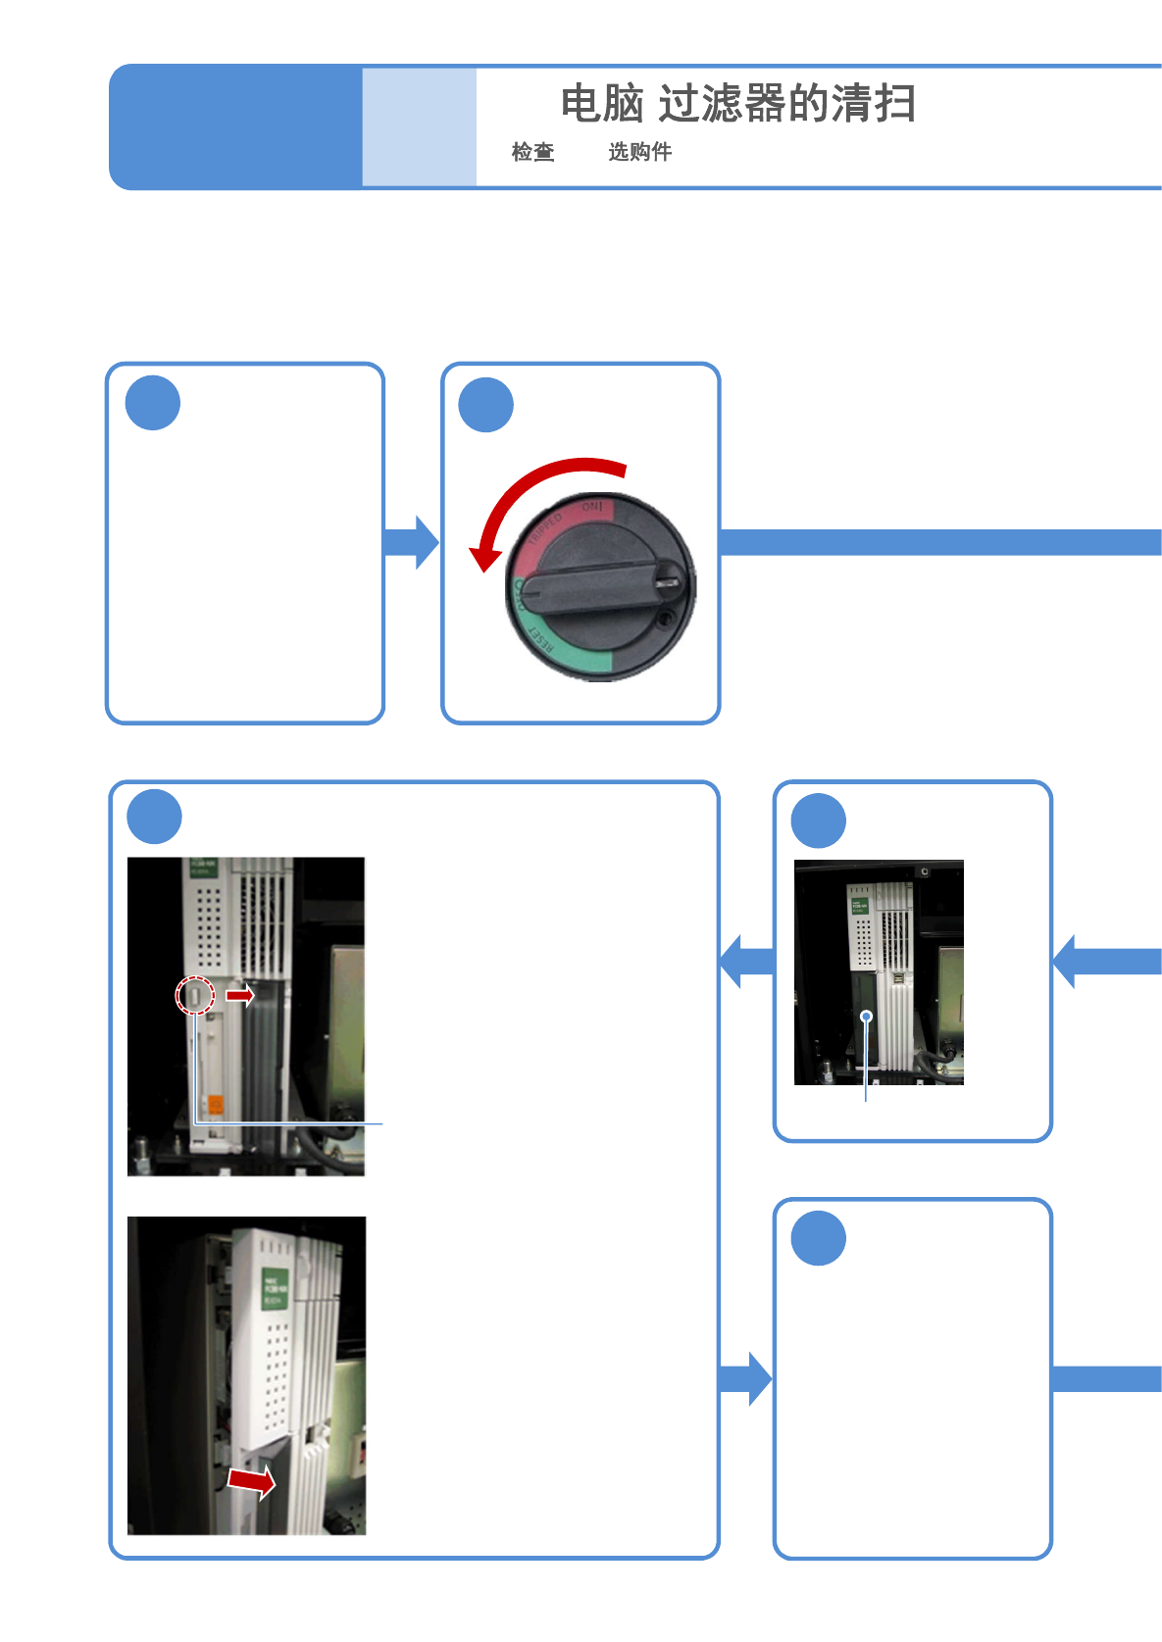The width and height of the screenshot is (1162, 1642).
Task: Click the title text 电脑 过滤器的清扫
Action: [x=737, y=104]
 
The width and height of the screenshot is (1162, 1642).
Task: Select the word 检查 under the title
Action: [x=532, y=152]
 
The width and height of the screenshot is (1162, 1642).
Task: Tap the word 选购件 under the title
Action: [x=639, y=152]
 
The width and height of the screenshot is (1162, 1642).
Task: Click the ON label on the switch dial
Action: [x=592, y=508]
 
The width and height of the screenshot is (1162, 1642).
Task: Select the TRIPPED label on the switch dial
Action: [x=545, y=530]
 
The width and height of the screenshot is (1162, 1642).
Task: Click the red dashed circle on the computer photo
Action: [x=195, y=996]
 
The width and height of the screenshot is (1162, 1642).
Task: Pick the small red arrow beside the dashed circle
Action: [x=239, y=995]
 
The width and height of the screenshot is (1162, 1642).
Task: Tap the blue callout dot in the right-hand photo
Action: [x=866, y=1017]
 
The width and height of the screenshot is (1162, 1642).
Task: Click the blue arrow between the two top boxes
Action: [x=412, y=542]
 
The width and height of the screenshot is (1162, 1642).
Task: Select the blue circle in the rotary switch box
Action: [x=486, y=405]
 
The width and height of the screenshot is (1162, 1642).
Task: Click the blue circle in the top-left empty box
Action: [x=153, y=403]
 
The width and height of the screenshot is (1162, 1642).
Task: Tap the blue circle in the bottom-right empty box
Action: [x=818, y=1239]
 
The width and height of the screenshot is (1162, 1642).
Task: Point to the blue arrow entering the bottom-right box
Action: [x=746, y=1379]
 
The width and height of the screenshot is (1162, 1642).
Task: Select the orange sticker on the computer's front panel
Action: [x=216, y=1105]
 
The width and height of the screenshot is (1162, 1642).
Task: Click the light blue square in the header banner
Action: [x=419, y=126]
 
